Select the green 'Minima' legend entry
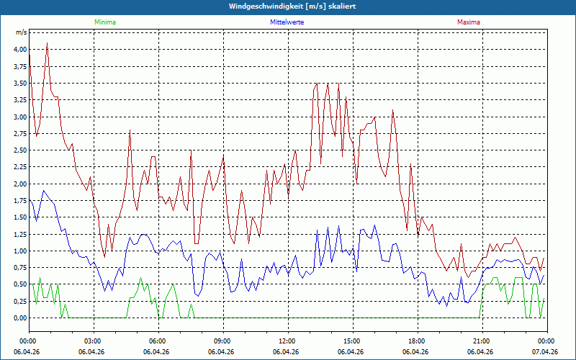click(104, 22)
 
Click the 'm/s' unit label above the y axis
click(21, 33)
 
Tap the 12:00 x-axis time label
click(287, 341)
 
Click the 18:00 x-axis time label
click(416, 341)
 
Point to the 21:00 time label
click(481, 341)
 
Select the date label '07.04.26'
click(546, 352)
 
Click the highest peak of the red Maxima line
click(47, 43)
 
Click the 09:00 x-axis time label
click(222, 341)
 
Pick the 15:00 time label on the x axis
click(351, 341)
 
